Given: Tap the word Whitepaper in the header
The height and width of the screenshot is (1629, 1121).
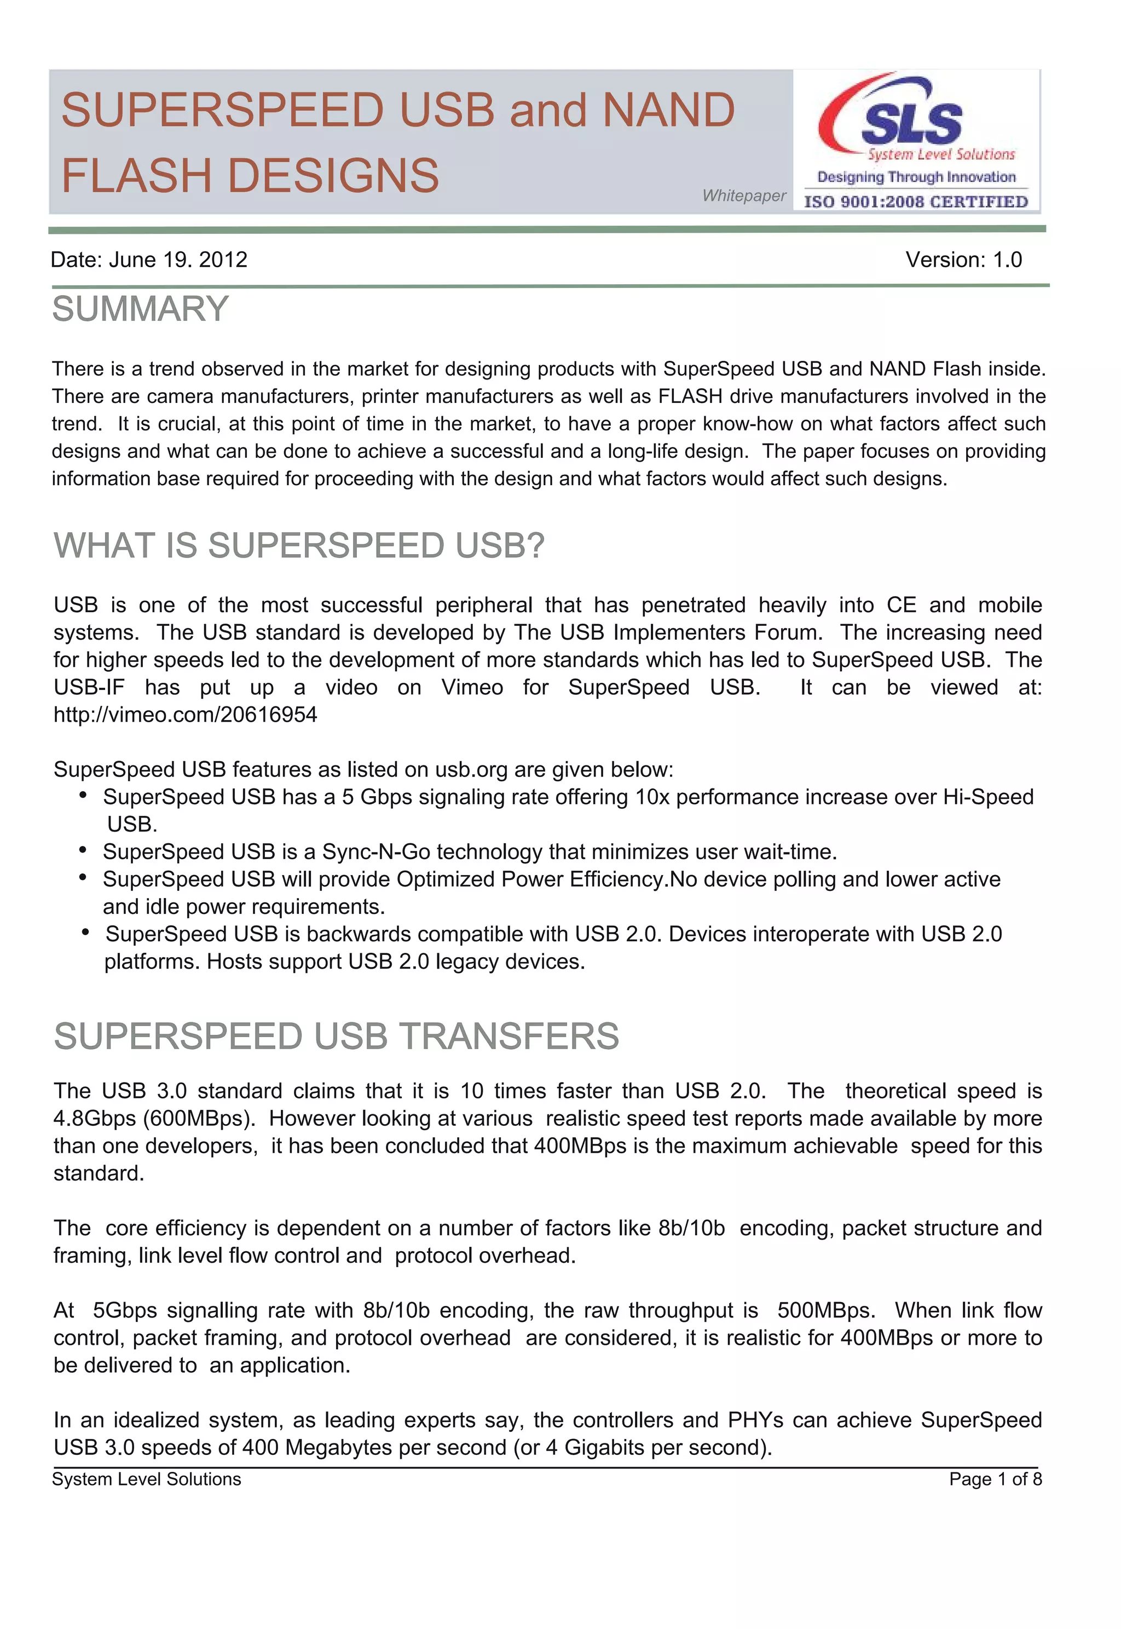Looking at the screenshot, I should coord(744,196).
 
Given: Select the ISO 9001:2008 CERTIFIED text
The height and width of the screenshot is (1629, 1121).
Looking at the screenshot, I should coord(915,202).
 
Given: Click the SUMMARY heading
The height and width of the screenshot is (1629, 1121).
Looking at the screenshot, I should coord(141,309).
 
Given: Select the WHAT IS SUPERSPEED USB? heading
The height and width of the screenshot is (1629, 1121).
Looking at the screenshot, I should coord(299,546).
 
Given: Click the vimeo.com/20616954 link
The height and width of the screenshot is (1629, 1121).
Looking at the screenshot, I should coord(186,715).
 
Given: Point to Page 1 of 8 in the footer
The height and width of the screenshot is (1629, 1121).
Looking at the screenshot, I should coord(995,1480).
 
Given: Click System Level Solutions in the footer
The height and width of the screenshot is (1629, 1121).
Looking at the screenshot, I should coord(146,1480).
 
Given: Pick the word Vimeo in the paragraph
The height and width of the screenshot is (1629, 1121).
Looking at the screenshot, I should coord(471,688).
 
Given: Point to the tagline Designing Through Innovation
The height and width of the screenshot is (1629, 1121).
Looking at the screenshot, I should coord(916,177).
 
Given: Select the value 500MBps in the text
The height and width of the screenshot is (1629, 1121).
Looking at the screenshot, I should coord(825,1311).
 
